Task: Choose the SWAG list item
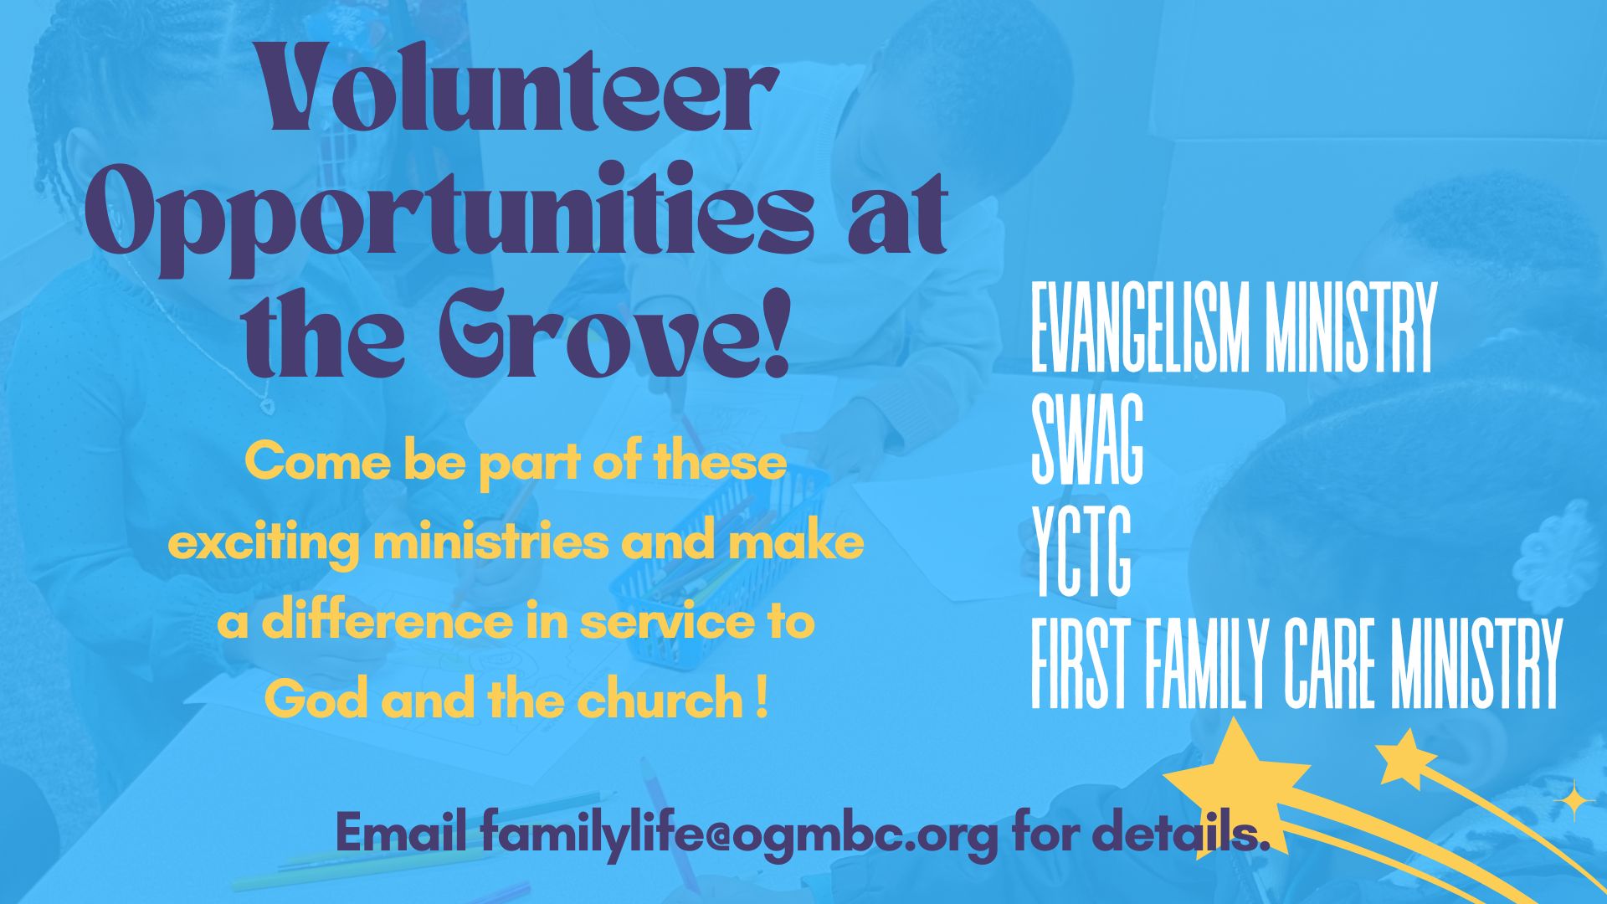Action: tap(1086, 439)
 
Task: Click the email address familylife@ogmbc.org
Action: tap(739, 834)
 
